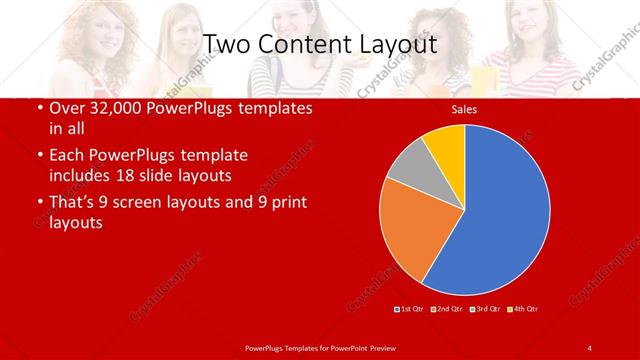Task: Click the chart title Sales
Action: coord(464,109)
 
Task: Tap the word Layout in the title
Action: coord(397,45)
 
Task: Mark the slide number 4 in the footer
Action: coord(589,347)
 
